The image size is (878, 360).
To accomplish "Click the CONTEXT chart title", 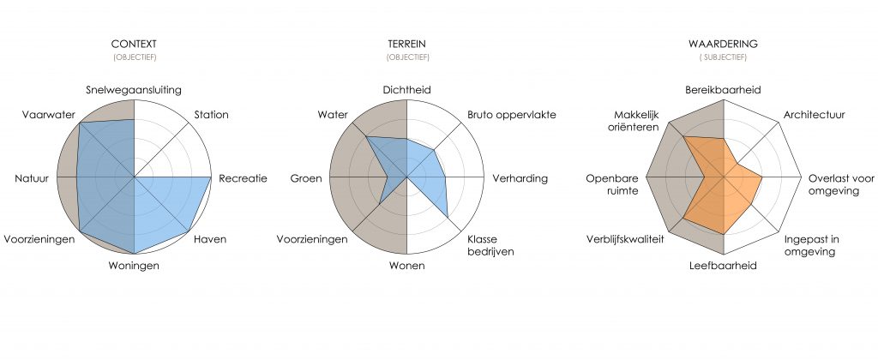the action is point(134,44).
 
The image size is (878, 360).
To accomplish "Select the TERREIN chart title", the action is point(407,44).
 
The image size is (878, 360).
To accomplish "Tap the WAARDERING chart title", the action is point(723,44).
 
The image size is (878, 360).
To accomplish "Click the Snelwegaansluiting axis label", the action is point(134,90).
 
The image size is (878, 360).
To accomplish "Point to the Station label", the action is point(211,115).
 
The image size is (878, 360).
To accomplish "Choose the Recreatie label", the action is point(243,178).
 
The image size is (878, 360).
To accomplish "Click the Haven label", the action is point(210,239).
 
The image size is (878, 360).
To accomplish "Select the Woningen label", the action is point(133,266).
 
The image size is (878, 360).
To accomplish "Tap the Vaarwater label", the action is point(49,115).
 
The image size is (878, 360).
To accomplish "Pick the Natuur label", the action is point(32,178).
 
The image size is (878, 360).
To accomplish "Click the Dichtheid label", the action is point(407,90).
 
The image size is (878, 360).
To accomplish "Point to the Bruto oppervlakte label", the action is point(512,115).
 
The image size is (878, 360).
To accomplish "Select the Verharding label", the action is point(520,178).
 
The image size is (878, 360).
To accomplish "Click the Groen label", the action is point(306,178).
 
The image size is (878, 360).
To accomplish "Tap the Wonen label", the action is point(406,266).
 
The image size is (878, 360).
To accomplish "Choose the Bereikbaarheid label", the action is point(723,90).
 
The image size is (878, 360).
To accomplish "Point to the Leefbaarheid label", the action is point(723,266).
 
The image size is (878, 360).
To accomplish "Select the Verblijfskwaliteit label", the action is point(625,239).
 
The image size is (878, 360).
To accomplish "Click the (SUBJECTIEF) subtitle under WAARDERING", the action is point(723,57).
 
